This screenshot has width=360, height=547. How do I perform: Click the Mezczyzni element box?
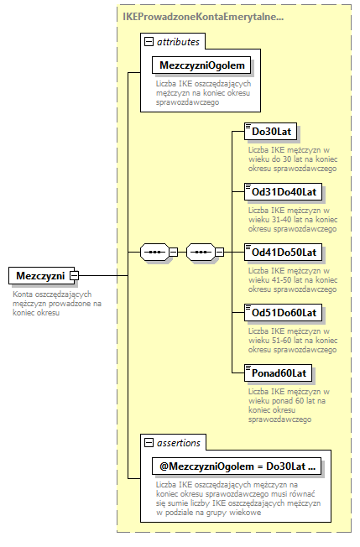(x=39, y=275)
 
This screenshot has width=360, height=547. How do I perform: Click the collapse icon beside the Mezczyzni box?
(x=75, y=275)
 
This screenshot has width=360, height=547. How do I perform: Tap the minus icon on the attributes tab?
(x=149, y=41)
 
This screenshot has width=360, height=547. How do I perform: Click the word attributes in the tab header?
(x=178, y=41)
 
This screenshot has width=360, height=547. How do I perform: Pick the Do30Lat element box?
(x=269, y=131)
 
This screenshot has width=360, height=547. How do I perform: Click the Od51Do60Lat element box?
(x=283, y=312)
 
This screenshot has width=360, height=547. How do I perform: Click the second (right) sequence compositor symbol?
(x=201, y=251)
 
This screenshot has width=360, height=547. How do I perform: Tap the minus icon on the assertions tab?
(x=149, y=442)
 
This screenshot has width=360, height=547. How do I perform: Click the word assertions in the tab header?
(x=177, y=442)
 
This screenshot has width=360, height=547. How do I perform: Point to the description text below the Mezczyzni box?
(x=56, y=303)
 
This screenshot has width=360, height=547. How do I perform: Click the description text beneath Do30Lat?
(x=291, y=159)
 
